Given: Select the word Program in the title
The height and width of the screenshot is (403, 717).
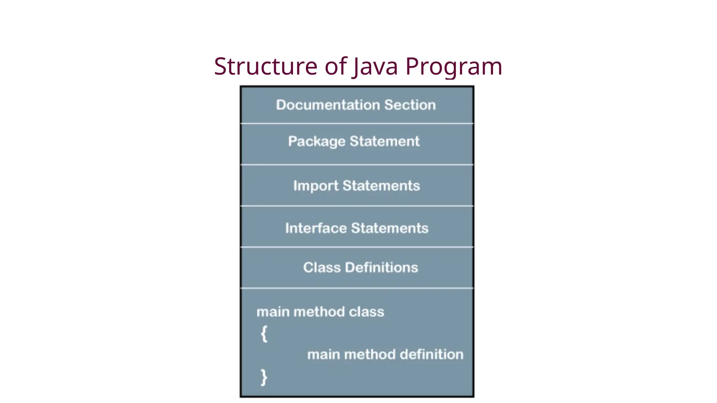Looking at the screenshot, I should tap(454, 67).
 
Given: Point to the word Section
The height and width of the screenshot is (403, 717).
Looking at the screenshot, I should tap(410, 105).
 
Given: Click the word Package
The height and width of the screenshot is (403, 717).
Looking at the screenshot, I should tap(316, 142).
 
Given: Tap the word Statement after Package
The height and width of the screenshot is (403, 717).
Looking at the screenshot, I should tap(384, 141).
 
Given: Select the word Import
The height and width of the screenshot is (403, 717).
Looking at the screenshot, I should tap(316, 186).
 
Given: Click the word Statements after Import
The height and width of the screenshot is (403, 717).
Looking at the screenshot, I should tap(381, 186).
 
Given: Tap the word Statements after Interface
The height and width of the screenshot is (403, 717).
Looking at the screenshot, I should tap(390, 228).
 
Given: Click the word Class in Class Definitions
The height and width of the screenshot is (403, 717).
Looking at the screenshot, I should tap(322, 268).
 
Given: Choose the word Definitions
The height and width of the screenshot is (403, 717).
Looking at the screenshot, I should tap(381, 268).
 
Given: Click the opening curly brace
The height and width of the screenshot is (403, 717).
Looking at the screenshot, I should tap(264, 334).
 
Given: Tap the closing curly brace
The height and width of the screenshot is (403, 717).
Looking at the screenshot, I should tap(264, 377).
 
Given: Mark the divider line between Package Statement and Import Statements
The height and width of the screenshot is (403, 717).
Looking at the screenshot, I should tap(357, 164).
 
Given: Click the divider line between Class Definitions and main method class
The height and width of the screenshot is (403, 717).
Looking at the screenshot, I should tap(357, 288).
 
